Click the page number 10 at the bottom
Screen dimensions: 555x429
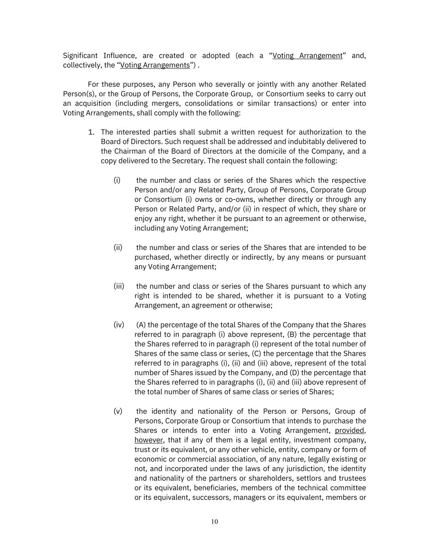click(x=214, y=522)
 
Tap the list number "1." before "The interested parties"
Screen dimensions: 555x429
click(x=91, y=132)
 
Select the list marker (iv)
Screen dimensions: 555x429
click(x=119, y=325)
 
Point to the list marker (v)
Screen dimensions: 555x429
click(x=118, y=411)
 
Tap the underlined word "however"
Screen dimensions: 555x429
click(x=148, y=440)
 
